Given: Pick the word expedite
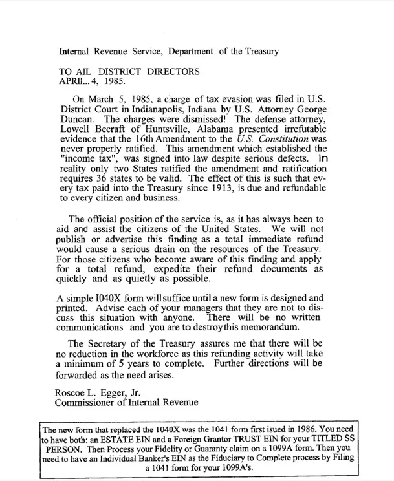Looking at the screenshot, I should tap(171, 269).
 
